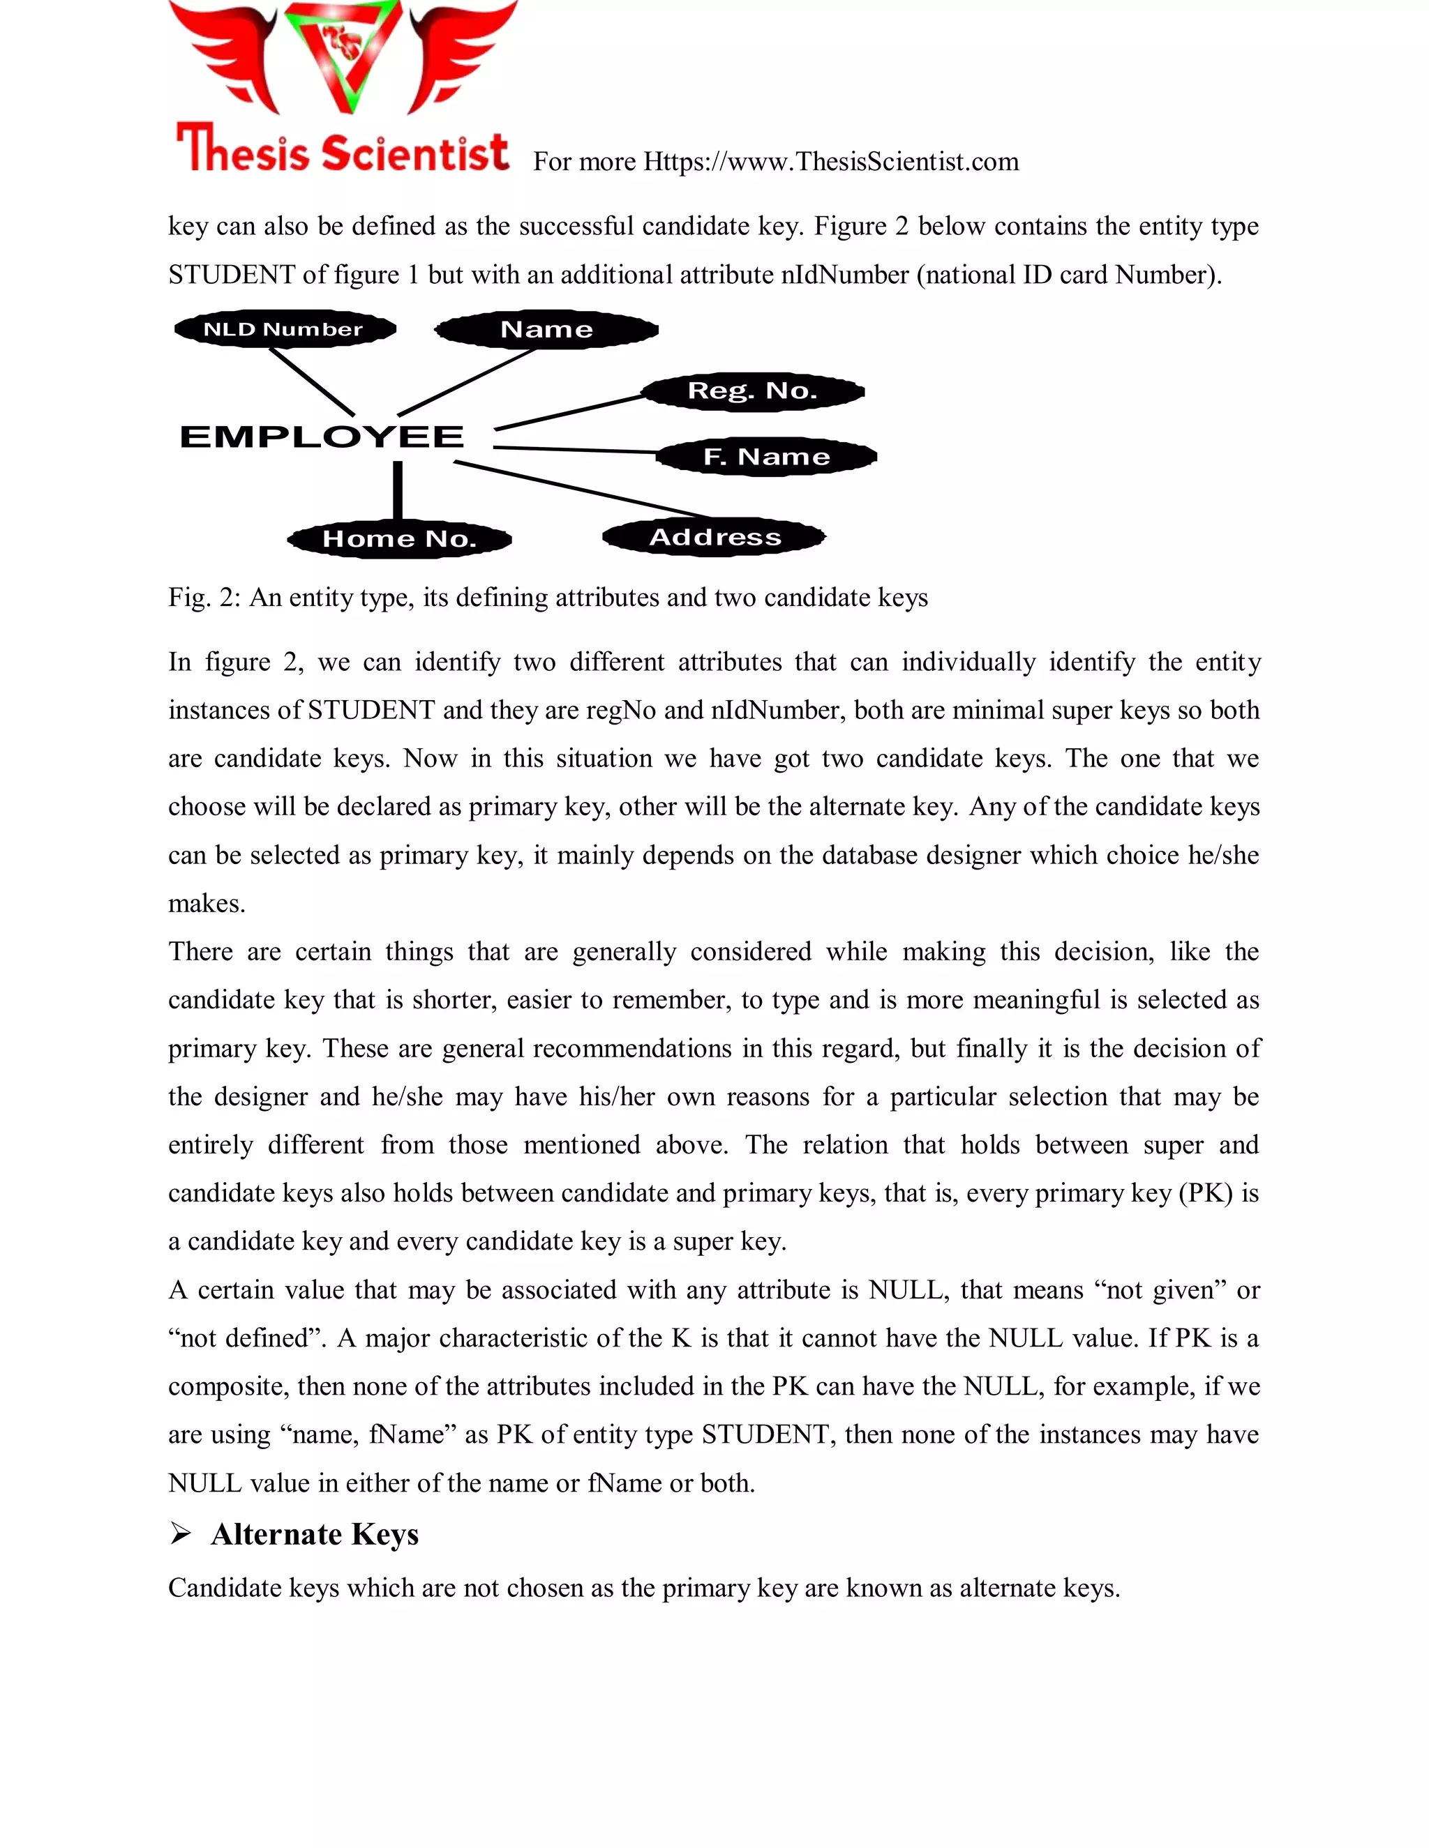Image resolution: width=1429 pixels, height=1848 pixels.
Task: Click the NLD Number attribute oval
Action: coord(285,329)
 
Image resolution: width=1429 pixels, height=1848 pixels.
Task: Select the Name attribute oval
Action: coord(547,329)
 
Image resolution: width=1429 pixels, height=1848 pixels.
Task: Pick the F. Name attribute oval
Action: coord(766,457)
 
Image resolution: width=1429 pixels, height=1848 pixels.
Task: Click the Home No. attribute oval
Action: coord(400,539)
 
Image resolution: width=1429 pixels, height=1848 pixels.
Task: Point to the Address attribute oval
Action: coord(714,536)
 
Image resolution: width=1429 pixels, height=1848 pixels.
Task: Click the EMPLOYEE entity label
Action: coord(322,437)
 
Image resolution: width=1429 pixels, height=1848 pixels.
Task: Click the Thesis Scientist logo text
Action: coord(343,151)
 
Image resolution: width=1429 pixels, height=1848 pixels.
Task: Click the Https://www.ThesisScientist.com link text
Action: coord(830,162)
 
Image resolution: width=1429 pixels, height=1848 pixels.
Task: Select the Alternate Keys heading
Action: coord(315,1534)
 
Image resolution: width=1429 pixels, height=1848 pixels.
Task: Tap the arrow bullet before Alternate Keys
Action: coord(180,1533)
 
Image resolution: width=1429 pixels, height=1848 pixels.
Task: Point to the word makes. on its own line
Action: coord(207,904)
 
